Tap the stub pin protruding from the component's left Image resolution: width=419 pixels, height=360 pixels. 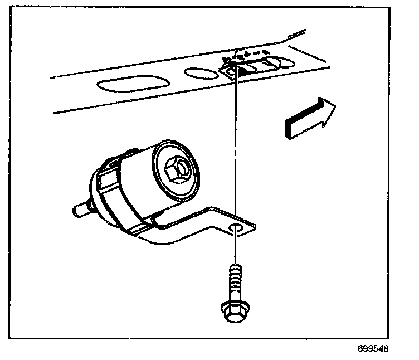[81, 211]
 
